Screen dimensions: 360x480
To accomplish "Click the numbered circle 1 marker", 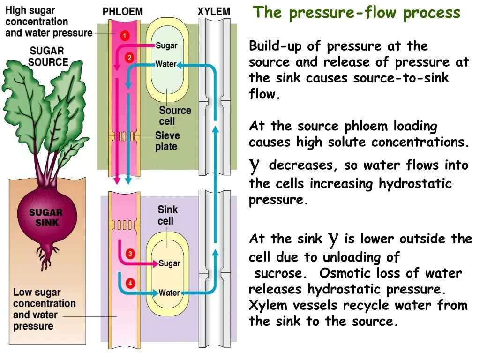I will click(125, 35).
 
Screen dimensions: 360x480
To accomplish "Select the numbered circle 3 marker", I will click(130, 254).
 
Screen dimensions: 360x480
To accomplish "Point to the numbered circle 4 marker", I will click(130, 283).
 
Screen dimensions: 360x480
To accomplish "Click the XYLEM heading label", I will click(214, 12).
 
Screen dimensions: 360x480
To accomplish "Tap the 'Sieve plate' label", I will click(167, 141).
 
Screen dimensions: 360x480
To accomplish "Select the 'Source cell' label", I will click(175, 115).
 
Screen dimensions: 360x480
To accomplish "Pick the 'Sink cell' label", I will click(167, 215).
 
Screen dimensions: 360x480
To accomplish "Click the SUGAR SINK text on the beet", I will click(45, 217).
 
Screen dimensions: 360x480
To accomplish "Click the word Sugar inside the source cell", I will click(166, 45).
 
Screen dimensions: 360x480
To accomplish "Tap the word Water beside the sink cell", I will click(169, 293).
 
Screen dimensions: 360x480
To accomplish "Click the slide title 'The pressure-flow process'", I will click(357, 13).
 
